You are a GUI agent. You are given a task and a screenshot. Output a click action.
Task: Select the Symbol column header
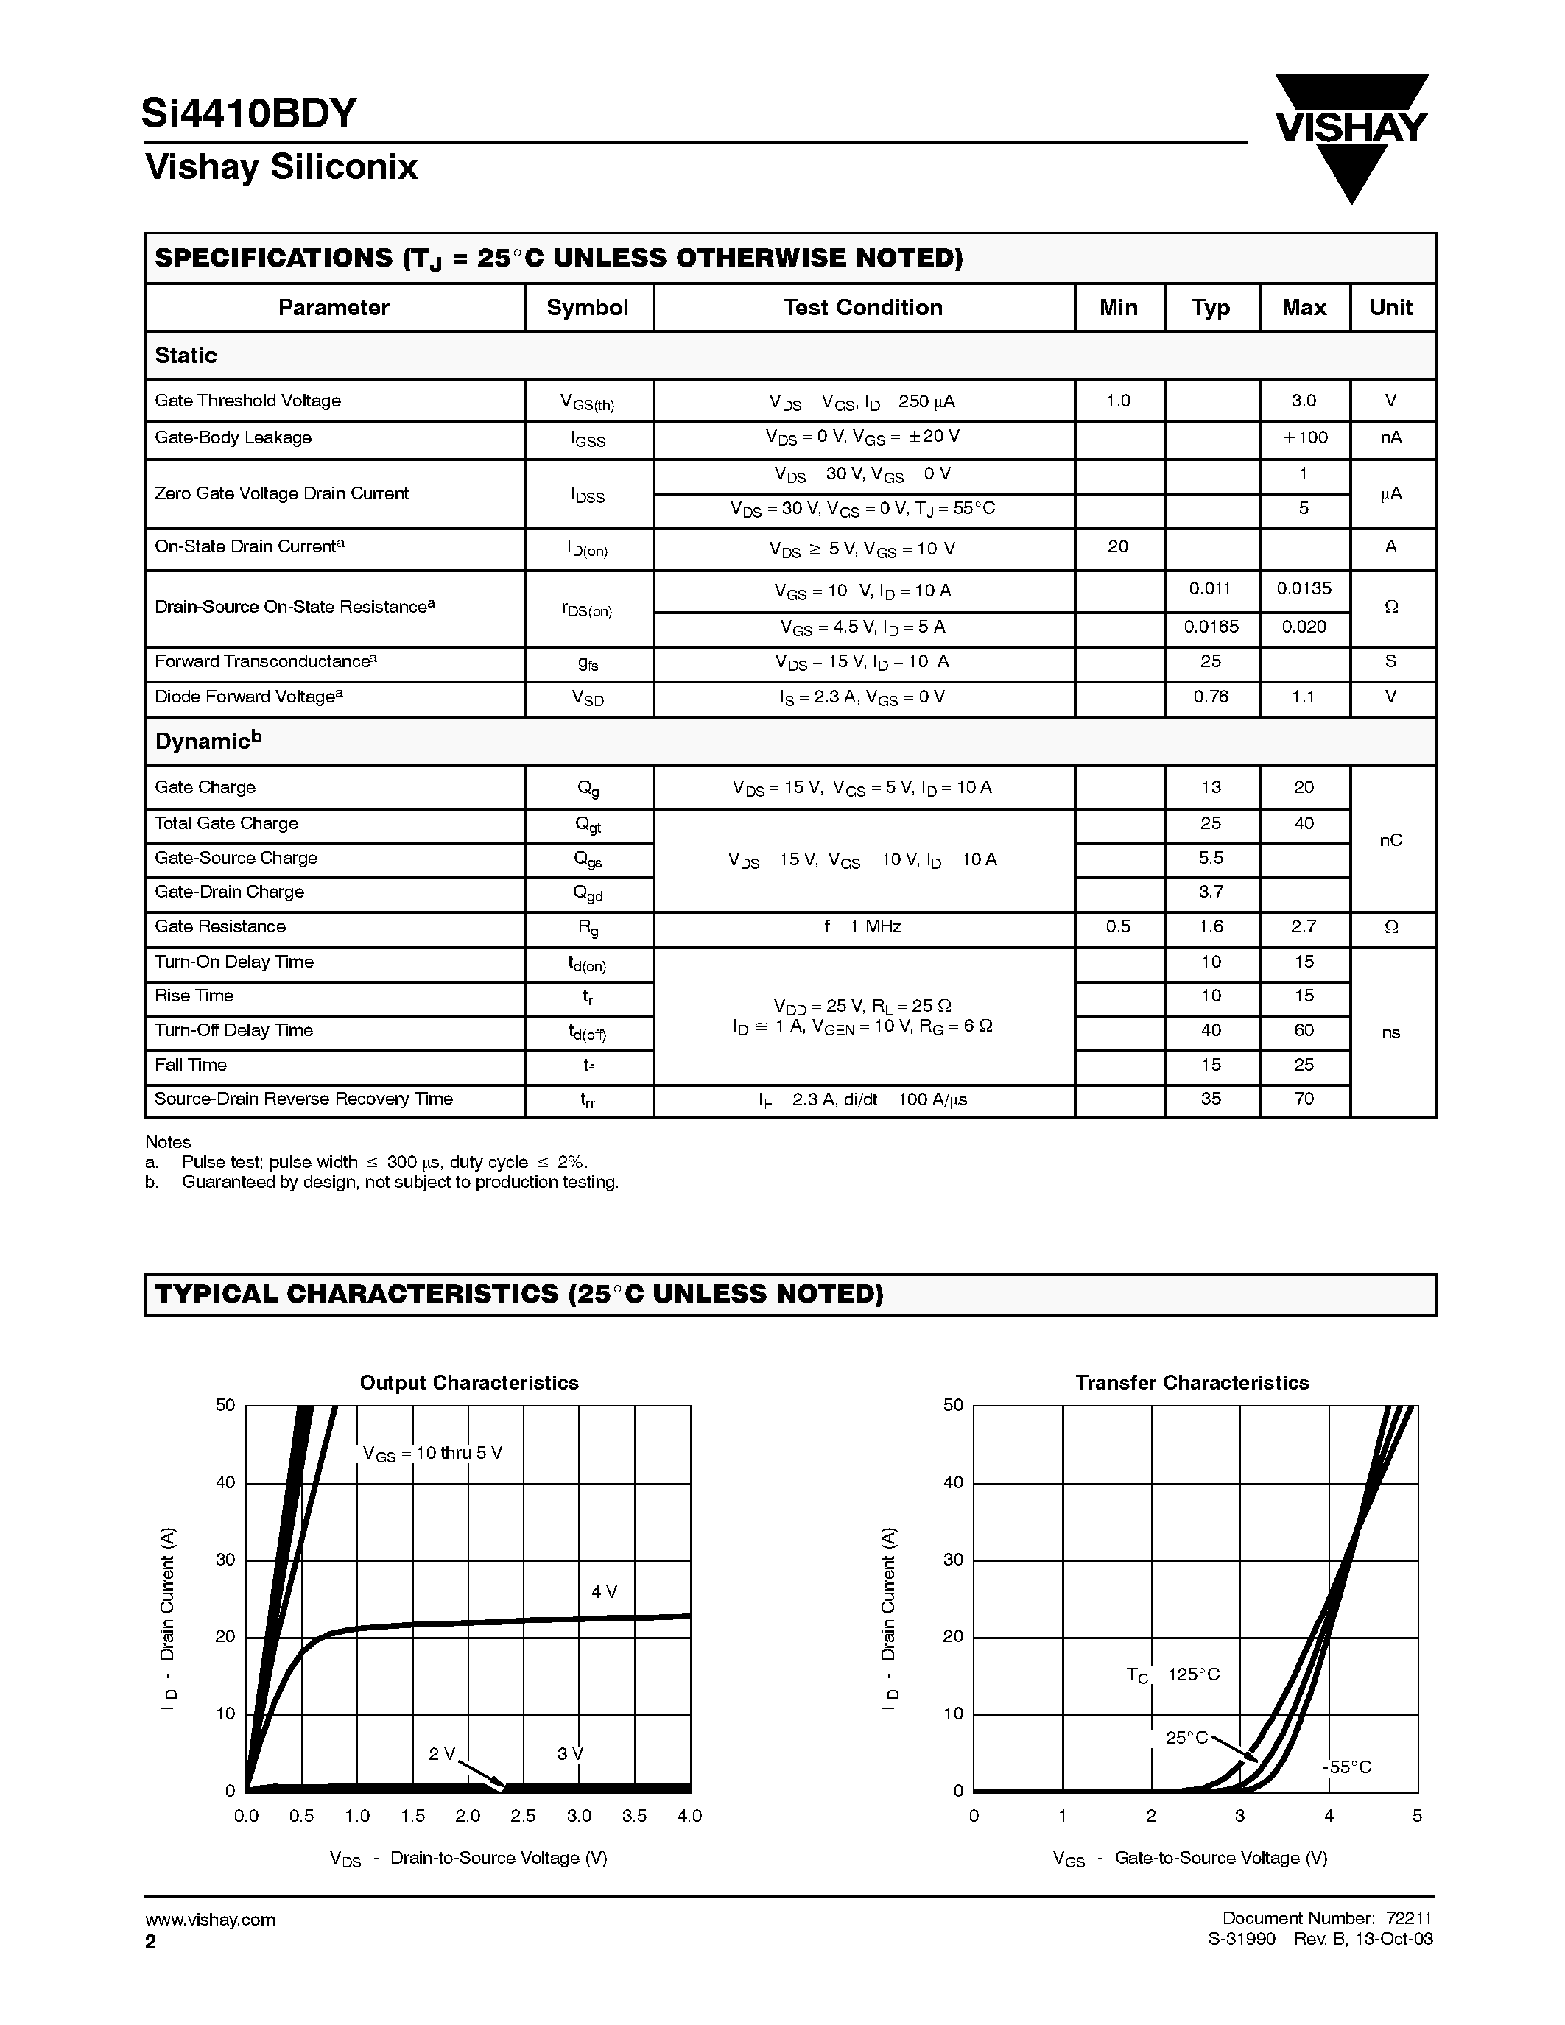tap(588, 308)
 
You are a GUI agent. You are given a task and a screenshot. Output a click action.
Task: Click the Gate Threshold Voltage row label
tap(247, 401)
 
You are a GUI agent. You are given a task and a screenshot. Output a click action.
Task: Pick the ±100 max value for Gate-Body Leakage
tap(1304, 437)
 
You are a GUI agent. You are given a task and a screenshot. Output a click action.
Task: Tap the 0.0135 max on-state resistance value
tap(1304, 589)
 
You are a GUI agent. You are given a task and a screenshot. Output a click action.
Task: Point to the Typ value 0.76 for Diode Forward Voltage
tap(1211, 697)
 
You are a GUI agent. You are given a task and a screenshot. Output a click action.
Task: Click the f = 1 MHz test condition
tap(862, 926)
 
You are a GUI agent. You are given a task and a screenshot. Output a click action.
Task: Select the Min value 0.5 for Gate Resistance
tap(1118, 926)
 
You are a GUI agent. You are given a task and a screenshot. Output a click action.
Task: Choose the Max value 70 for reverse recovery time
tap(1304, 1099)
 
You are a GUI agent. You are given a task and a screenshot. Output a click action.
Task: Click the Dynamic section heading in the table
tap(208, 741)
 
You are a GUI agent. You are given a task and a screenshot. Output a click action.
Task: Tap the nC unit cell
tap(1390, 840)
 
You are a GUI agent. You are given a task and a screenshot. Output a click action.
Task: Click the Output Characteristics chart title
tap(469, 1382)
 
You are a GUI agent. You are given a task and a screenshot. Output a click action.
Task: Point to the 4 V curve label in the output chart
tap(605, 1592)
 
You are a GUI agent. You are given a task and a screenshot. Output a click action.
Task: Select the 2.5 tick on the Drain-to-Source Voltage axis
tap(523, 1815)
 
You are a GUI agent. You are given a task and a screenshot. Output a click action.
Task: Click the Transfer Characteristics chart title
tap(1192, 1382)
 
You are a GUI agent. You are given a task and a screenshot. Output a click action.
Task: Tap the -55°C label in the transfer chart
tap(1346, 1767)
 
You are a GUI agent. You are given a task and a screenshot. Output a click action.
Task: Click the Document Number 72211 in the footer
tap(1326, 1918)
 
